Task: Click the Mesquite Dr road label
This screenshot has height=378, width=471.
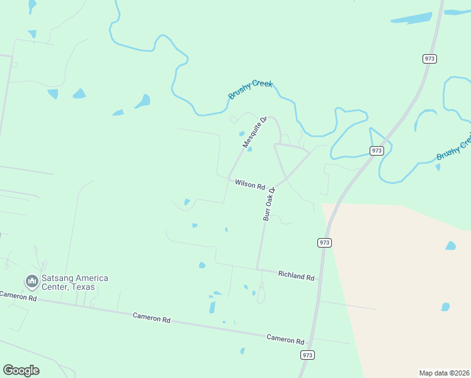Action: pyautogui.click(x=255, y=132)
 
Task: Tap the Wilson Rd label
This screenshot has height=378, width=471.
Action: pyautogui.click(x=250, y=185)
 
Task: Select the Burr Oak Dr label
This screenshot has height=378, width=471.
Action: pyautogui.click(x=269, y=203)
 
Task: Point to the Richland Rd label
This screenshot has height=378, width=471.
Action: pyautogui.click(x=296, y=276)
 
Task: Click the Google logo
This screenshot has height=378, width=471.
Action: pyautogui.click(x=21, y=370)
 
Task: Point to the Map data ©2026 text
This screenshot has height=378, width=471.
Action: pyautogui.click(x=444, y=373)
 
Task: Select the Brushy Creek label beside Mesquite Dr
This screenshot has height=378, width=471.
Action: pyautogui.click(x=250, y=89)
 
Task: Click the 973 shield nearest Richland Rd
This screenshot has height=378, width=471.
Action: pyautogui.click(x=324, y=243)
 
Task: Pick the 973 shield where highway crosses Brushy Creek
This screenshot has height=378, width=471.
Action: pyautogui.click(x=377, y=151)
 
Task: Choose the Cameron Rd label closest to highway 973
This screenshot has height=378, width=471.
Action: pyautogui.click(x=285, y=339)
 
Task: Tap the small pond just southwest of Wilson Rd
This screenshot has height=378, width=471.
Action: pyautogui.click(x=186, y=202)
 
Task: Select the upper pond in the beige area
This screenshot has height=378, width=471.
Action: pyautogui.click(x=450, y=245)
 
